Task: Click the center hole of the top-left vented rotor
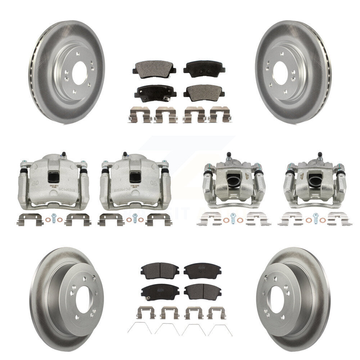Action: coord(79,73)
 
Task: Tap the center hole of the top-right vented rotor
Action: coord(280,73)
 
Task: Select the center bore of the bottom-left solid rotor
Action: coord(83,301)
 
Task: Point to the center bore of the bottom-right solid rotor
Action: coord(276,300)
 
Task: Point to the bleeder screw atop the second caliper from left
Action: coord(125,155)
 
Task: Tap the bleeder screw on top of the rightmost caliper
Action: coord(319,156)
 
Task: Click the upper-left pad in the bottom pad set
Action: coord(160,269)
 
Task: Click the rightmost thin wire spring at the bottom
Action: coord(220,329)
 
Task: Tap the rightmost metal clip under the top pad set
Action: coord(220,114)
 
